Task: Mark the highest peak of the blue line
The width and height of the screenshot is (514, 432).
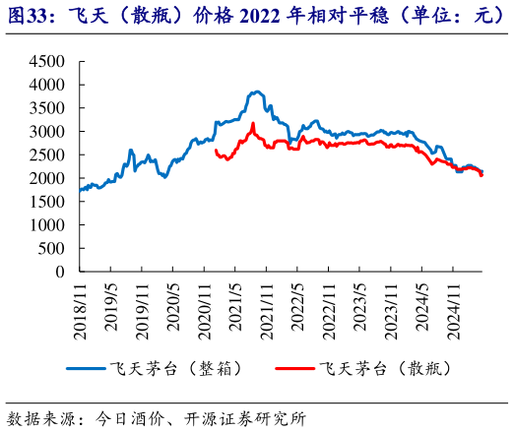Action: point(256,92)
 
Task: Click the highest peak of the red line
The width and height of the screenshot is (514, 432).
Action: point(253,123)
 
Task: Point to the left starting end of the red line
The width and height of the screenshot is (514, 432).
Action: point(215,151)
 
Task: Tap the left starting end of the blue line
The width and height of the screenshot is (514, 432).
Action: point(79,190)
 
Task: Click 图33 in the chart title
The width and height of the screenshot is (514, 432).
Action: point(29,14)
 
